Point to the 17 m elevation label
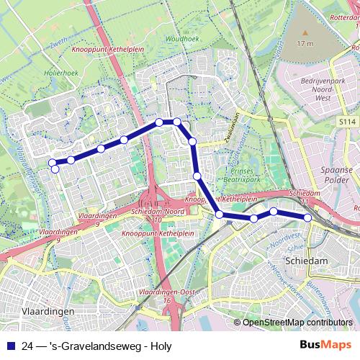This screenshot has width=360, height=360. coord(305,43)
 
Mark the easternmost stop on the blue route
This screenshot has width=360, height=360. coord(307,217)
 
